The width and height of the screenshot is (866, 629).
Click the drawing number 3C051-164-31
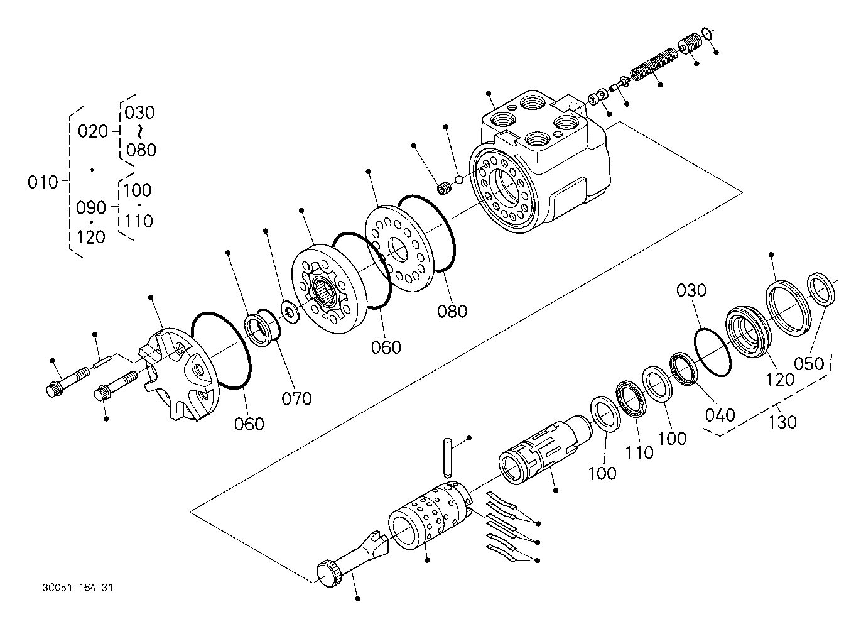click(78, 588)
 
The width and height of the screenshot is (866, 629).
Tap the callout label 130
click(782, 422)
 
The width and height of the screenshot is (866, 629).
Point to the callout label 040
click(720, 415)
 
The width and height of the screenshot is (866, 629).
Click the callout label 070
click(296, 398)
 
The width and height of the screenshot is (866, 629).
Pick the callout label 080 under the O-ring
click(452, 311)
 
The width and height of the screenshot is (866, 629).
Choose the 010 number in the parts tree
click(43, 182)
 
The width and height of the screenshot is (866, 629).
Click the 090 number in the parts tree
click(91, 208)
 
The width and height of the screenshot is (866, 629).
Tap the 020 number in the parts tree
click(93, 131)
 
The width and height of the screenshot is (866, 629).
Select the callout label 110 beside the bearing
click(639, 452)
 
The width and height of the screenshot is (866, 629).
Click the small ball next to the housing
click(459, 180)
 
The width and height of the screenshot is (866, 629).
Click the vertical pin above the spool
click(447, 457)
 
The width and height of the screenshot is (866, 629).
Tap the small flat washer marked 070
click(289, 311)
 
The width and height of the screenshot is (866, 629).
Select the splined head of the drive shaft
click(330, 573)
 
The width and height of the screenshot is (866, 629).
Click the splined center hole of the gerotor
click(323, 292)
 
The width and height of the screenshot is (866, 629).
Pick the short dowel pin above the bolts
click(103, 361)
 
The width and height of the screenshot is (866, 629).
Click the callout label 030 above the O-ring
click(691, 290)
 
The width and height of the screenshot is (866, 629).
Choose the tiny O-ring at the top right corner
click(706, 34)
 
